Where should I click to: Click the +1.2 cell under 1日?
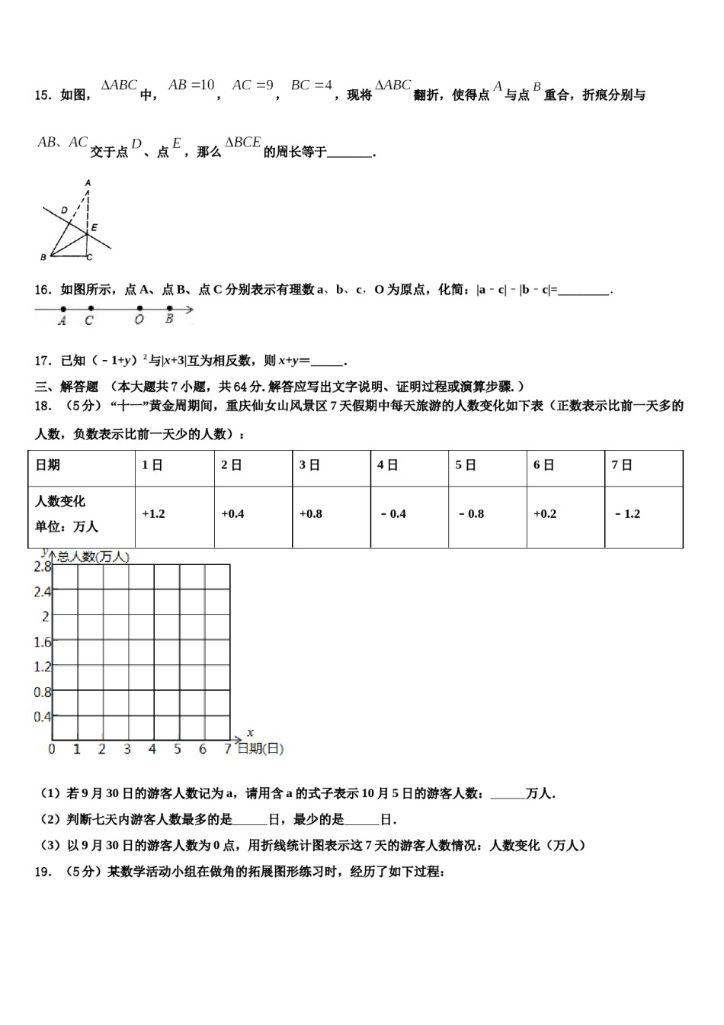[x=153, y=514]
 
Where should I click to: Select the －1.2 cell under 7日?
[x=627, y=514]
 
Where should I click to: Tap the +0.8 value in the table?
[x=310, y=514]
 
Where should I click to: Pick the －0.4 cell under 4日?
[x=393, y=514]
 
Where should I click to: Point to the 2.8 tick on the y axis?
[x=43, y=567]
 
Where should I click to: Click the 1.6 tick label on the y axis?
[x=43, y=642]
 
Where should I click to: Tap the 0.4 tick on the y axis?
[x=43, y=717]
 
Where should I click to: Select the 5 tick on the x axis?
[x=178, y=750]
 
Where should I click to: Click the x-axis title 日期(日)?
[x=260, y=750]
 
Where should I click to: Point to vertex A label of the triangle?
[x=88, y=183]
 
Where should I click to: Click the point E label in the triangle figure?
[x=94, y=227]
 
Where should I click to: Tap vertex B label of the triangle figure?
[x=43, y=257]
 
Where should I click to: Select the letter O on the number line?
[x=139, y=320]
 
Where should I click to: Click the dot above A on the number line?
[x=63, y=310]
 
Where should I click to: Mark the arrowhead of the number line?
[x=190, y=310]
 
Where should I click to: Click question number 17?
[x=43, y=361]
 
